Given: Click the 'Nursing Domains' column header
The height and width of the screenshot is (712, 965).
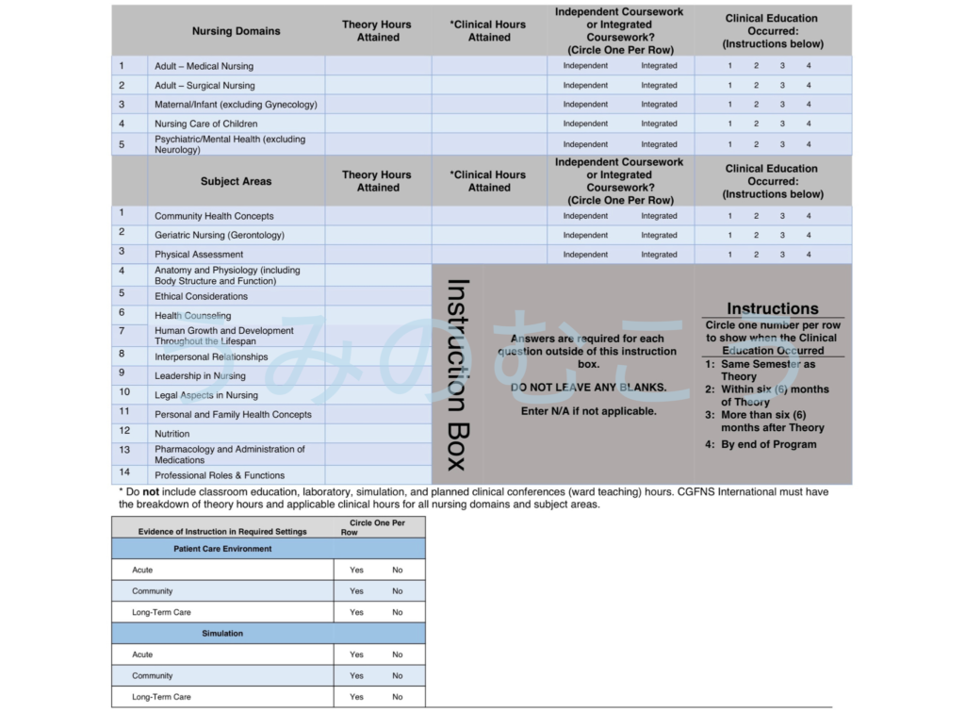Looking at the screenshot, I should (236, 31).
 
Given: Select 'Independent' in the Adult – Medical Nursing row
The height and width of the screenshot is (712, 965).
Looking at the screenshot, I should (585, 66).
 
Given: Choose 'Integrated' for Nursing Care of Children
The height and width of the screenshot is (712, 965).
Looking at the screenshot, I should (659, 124).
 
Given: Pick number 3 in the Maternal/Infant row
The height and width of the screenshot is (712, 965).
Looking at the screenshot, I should (782, 105).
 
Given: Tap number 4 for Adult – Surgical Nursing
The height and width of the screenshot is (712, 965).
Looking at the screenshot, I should (808, 86).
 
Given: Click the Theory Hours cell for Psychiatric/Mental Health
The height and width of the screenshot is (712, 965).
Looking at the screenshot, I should (378, 144).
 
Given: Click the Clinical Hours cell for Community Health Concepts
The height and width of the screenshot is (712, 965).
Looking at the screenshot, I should (489, 216).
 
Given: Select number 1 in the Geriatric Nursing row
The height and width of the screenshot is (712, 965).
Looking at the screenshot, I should (729, 235).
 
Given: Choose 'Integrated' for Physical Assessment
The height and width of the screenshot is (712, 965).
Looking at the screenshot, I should (659, 255).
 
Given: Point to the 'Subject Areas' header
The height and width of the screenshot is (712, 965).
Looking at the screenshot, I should (236, 181).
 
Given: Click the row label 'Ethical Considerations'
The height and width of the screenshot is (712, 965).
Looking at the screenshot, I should (201, 296).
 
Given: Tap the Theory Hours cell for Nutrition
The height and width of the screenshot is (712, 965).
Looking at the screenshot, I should (378, 434).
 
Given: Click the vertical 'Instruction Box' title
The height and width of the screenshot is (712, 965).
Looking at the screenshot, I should (459, 374).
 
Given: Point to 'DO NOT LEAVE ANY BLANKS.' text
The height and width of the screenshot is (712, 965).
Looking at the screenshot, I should (588, 388).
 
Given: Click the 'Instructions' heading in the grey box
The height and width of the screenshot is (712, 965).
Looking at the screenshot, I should (772, 308).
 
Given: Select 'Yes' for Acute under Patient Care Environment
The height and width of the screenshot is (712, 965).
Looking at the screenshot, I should (356, 571).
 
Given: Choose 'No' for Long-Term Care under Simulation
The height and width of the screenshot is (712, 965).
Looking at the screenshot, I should (397, 697).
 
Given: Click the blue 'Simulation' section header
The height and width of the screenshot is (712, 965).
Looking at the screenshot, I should (222, 634).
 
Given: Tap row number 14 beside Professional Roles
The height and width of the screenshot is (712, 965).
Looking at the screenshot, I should (124, 472).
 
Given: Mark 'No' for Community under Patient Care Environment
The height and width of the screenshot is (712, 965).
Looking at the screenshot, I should (397, 591).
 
